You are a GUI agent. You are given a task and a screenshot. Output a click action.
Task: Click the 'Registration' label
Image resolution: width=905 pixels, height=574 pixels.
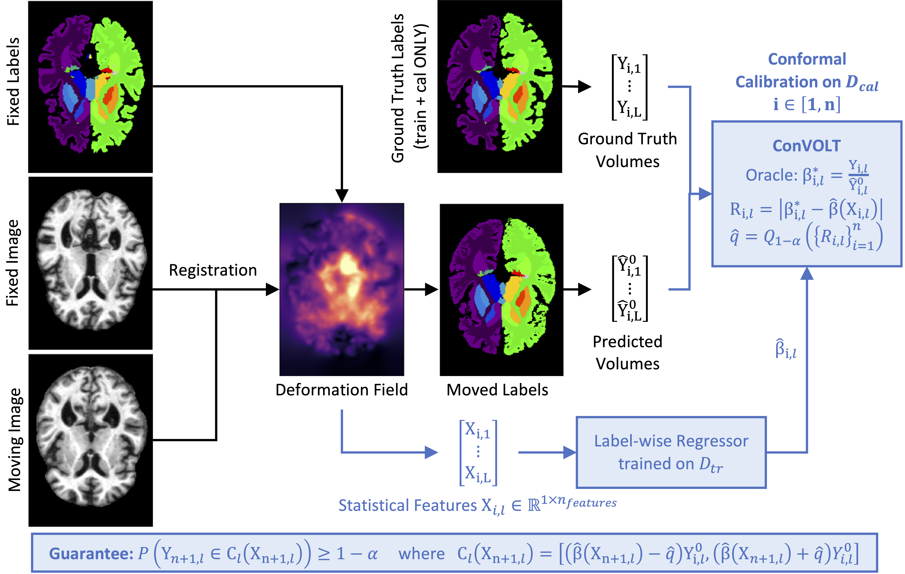213,270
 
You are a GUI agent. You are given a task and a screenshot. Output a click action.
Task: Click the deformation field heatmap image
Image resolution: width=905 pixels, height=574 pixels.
342,289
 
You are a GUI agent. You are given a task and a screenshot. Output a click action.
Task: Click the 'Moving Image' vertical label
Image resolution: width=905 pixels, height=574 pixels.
15,440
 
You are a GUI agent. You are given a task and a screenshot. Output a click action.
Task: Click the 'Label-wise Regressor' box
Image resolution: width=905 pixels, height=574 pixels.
671,452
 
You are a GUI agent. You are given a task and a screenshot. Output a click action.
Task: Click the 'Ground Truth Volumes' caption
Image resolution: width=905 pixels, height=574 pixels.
627,150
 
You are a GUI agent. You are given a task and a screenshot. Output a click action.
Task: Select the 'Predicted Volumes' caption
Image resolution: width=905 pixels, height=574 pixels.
627,353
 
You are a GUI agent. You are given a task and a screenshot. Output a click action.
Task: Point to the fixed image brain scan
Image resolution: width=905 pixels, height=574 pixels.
91,263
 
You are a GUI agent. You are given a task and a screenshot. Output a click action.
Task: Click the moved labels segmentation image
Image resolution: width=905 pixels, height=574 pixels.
501,289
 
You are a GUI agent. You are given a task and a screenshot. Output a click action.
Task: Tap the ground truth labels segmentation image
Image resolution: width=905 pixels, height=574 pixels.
500,86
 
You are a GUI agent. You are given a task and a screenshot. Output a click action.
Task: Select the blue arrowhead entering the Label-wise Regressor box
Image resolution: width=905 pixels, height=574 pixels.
569,452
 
